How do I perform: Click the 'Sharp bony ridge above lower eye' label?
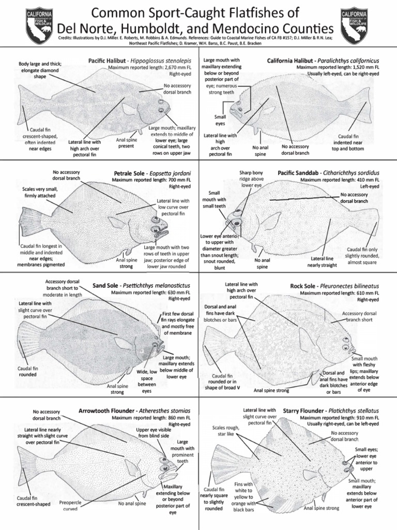[251, 178]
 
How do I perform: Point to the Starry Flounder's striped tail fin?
[223, 463]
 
